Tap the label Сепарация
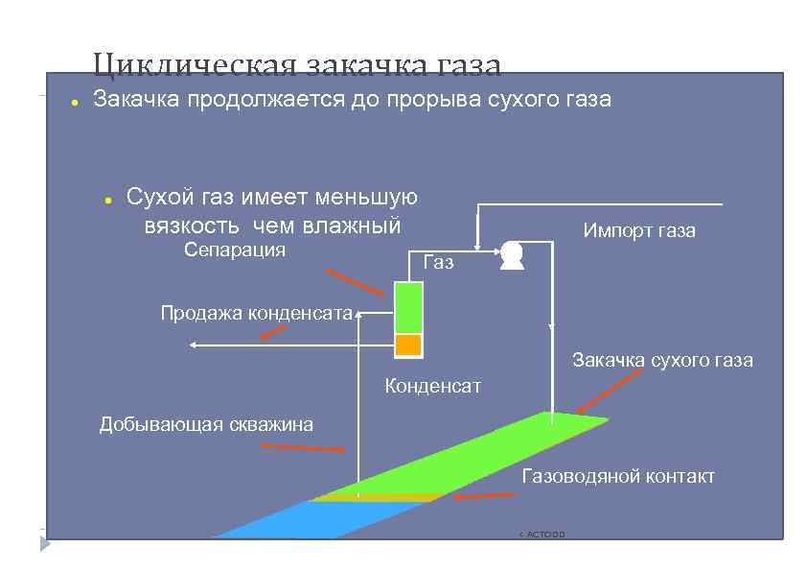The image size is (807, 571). (x=234, y=250)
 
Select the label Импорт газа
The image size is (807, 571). (x=639, y=231)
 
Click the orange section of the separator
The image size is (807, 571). (x=408, y=345)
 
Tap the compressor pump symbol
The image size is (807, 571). (x=511, y=253)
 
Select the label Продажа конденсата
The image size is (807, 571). (x=256, y=312)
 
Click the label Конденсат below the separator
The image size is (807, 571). (x=432, y=387)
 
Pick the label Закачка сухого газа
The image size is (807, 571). (x=662, y=361)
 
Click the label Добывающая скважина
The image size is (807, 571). (x=206, y=424)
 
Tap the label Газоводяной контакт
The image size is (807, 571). (x=618, y=477)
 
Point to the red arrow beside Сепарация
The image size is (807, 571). (x=355, y=282)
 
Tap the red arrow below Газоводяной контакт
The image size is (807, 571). (x=485, y=497)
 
